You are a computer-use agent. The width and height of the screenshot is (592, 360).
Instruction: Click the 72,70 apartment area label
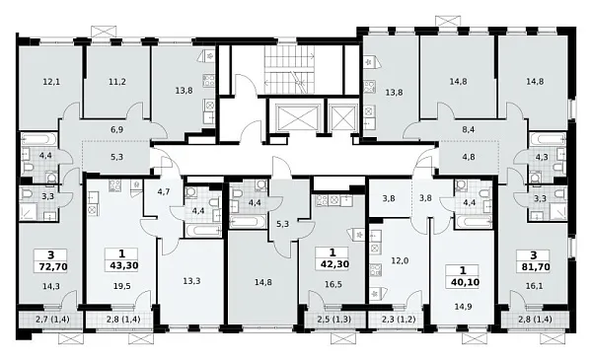(53, 267)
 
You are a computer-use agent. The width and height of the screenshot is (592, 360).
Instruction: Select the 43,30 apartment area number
(124, 265)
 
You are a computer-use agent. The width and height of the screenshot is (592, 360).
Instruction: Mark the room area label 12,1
(51, 82)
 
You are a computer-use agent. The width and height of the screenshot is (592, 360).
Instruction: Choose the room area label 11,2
(117, 82)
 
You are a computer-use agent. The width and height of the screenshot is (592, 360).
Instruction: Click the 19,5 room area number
(122, 286)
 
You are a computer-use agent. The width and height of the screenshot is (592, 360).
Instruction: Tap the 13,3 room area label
(191, 281)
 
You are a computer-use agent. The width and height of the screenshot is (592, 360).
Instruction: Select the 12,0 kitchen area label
(400, 260)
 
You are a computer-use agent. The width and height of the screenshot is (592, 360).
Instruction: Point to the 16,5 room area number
(333, 284)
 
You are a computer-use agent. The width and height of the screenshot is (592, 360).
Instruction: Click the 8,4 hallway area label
(469, 130)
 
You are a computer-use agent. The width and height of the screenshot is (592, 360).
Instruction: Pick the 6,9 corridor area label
(117, 130)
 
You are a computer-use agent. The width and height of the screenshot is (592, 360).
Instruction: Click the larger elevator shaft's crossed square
(298, 118)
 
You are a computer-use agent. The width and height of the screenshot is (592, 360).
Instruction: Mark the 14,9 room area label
(464, 307)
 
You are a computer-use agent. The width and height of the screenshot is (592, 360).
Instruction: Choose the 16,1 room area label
(535, 286)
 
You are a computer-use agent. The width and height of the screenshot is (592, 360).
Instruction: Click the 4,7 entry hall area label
(164, 191)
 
